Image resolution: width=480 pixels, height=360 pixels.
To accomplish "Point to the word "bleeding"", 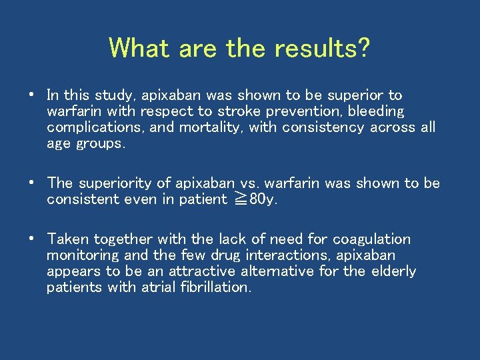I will tap(377, 111).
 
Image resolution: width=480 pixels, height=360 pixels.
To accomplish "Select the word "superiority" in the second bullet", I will tap(124, 183).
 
